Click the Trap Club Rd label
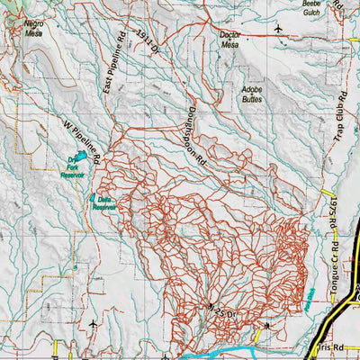point(340,117)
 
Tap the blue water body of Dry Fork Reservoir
point(82,157)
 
